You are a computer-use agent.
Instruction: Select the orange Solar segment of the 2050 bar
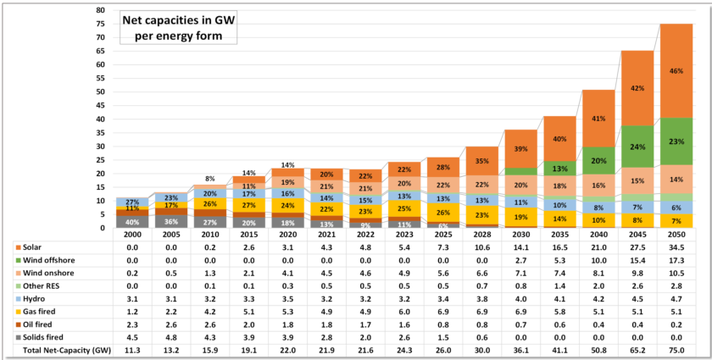[x=676, y=70]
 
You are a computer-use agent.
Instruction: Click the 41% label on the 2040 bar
[x=598, y=119]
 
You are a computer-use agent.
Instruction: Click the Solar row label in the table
[x=27, y=246]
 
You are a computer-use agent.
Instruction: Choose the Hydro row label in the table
[x=28, y=299]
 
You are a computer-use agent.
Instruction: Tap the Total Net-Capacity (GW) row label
[x=54, y=351]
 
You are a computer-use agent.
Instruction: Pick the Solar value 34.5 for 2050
[x=676, y=246]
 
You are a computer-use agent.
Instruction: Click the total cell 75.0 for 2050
[x=676, y=351]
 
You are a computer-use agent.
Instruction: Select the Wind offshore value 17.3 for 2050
[x=676, y=259]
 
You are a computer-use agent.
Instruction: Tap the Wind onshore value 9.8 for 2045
[x=637, y=273]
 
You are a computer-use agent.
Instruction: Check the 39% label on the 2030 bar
[x=520, y=148]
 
